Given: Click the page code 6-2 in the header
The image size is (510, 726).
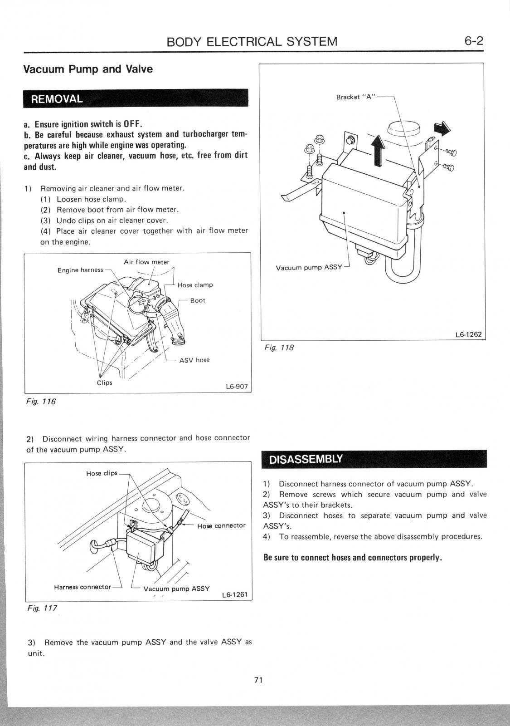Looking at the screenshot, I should pyautogui.click(x=474, y=41).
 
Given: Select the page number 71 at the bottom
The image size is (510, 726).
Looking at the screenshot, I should pyautogui.click(x=258, y=680).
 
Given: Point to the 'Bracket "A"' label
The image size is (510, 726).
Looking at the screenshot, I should pyautogui.click(x=354, y=97).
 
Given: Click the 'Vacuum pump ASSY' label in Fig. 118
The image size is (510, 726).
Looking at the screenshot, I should pyautogui.click(x=309, y=267).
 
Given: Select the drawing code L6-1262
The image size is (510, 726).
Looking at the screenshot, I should pyautogui.click(x=468, y=335).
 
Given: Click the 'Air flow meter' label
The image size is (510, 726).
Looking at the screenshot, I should pyautogui.click(x=146, y=262).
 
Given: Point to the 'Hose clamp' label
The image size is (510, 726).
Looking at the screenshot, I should pyautogui.click(x=195, y=285).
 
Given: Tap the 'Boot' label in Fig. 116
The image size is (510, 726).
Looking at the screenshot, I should pyautogui.click(x=198, y=300).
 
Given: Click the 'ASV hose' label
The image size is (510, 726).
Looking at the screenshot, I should pyautogui.click(x=194, y=360).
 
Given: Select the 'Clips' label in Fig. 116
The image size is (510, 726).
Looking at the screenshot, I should pyautogui.click(x=104, y=383).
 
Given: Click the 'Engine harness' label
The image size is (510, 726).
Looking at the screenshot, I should pyautogui.click(x=80, y=270).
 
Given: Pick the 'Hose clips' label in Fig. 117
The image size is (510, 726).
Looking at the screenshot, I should pyautogui.click(x=102, y=473).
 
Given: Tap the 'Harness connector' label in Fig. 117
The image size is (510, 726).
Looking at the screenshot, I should pyautogui.click(x=82, y=587).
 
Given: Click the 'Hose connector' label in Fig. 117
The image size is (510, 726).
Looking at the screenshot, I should pyautogui.click(x=221, y=525).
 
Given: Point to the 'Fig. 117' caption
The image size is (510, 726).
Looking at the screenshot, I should pyautogui.click(x=42, y=608).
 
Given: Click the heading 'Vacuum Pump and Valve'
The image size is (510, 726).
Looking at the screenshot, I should pyautogui.click(x=88, y=69).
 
